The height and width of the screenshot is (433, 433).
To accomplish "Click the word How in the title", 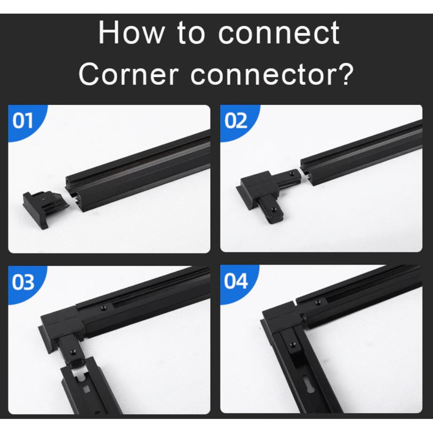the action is point(131,32).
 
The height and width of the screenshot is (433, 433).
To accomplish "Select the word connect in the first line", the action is point(279,33).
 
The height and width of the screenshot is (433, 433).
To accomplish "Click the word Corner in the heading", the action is point(128,74).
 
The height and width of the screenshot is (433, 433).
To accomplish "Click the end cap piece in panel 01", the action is point(46,208).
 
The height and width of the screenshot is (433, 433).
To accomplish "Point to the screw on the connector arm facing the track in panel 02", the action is point(291,173).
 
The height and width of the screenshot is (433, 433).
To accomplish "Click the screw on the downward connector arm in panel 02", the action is point(273,210).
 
